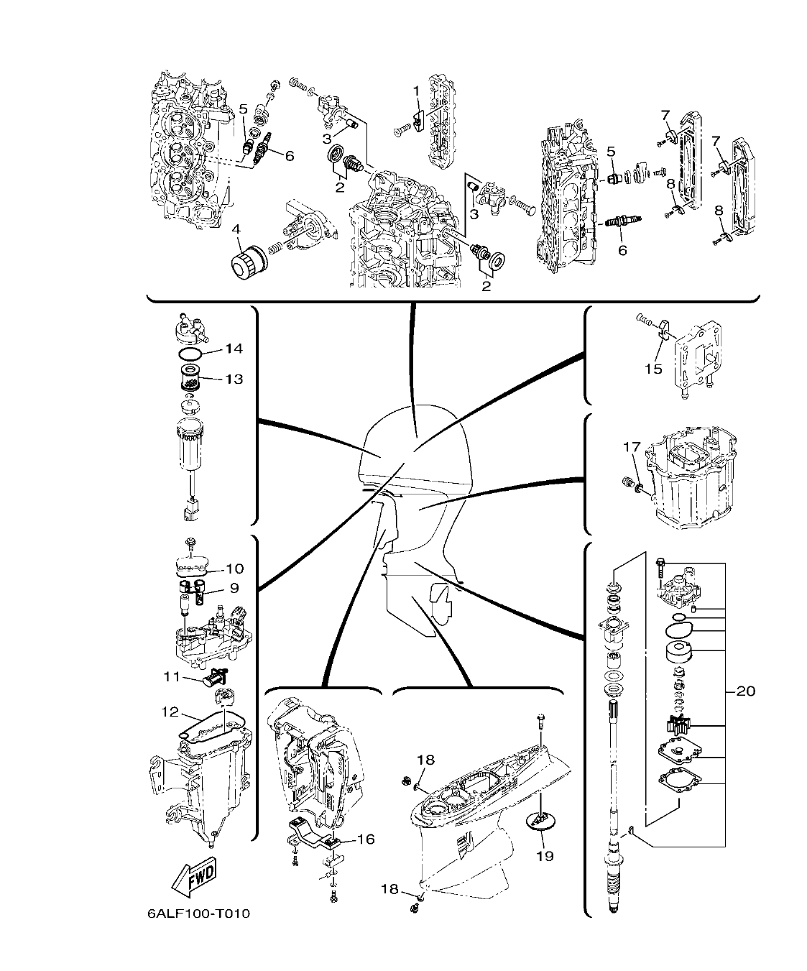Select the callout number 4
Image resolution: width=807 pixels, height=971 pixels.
click(x=237, y=229)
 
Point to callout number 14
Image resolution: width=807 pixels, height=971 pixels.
click(x=234, y=349)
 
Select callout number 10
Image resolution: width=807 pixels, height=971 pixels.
click(x=234, y=569)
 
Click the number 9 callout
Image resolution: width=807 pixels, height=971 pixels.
click(x=234, y=588)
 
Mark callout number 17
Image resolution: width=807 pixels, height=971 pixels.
click(x=630, y=447)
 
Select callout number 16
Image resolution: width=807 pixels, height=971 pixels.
click(x=365, y=839)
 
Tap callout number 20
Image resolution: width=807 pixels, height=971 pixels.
click(x=746, y=691)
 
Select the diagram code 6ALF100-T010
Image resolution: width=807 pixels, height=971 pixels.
click(x=198, y=914)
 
